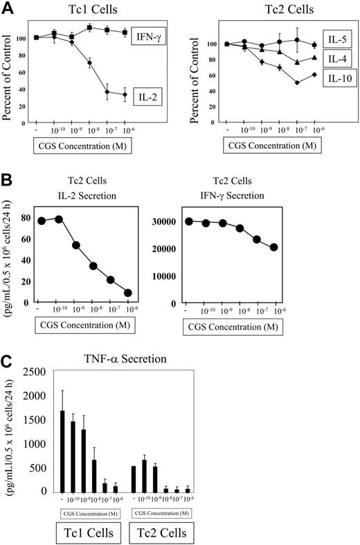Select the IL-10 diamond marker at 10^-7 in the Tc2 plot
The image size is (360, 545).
(298, 82)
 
